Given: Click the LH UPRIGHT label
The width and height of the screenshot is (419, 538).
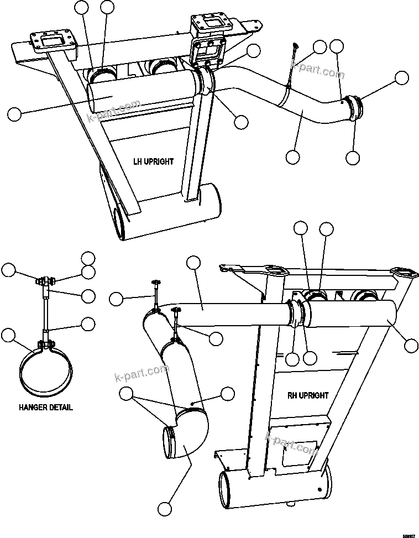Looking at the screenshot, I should coord(153,161).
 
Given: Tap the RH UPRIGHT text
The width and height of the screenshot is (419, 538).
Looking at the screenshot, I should coord(307,395).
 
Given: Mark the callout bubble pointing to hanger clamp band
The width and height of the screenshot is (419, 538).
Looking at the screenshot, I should coord(8,335).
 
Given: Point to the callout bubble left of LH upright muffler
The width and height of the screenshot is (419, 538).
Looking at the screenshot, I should coord(14,114).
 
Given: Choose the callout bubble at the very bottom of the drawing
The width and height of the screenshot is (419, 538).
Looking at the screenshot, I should coord(164,508).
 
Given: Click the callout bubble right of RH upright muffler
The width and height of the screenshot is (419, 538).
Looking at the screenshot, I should coord(411,346).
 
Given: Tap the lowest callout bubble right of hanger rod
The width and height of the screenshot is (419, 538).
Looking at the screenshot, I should coord(88,323).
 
